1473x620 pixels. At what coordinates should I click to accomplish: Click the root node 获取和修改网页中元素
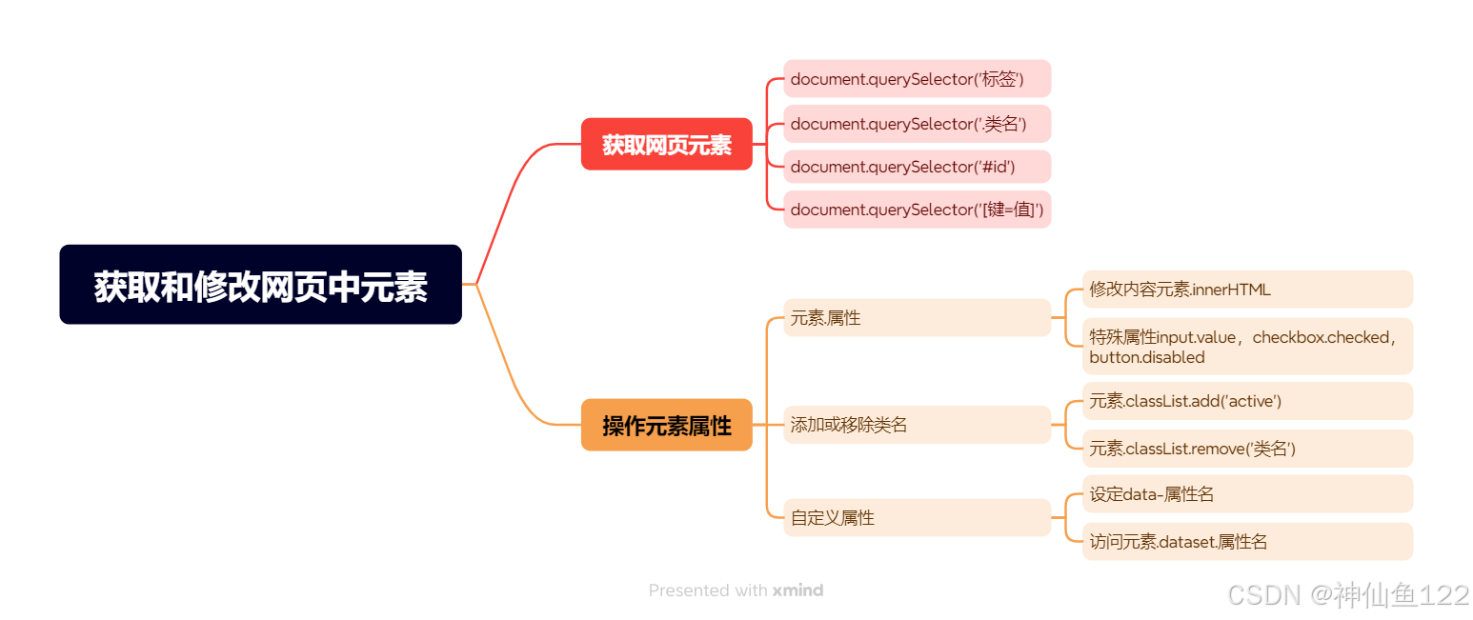coord(260,285)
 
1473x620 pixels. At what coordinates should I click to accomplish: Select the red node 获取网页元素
coord(666,145)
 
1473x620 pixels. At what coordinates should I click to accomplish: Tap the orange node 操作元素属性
coord(666,425)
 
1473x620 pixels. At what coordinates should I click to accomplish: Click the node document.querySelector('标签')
coord(917,79)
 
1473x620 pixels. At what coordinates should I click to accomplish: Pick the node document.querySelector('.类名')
coord(917,124)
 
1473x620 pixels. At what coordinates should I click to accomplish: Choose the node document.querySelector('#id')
coord(917,167)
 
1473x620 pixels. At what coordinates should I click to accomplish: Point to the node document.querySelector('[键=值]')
coord(917,210)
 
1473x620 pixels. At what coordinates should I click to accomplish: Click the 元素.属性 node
coord(917,318)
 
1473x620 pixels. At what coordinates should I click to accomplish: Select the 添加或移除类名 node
coord(917,425)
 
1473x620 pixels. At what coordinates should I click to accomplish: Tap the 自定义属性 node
coord(917,518)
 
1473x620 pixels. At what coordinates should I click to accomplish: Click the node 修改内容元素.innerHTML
coord(1246,290)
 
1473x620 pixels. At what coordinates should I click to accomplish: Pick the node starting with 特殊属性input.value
coord(1246,347)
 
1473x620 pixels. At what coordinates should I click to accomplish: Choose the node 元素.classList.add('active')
coord(1246,401)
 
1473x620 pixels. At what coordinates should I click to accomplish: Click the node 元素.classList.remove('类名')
coord(1246,449)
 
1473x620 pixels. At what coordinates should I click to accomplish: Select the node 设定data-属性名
coord(1246,494)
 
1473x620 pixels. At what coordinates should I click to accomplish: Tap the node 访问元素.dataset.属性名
coord(1246,542)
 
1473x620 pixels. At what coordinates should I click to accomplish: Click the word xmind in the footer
coord(797,590)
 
